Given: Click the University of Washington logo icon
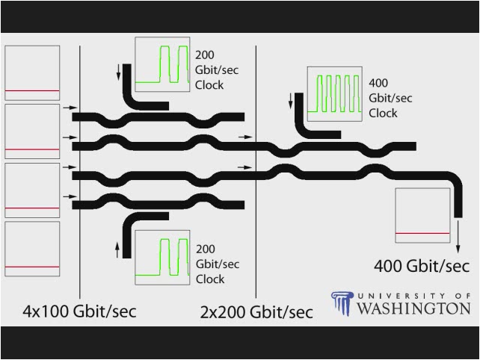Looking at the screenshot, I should [342, 304].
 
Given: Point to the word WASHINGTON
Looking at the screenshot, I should [413, 308].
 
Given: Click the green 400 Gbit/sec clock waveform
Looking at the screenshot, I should [335, 92].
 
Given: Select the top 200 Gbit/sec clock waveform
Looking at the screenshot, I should [162, 65].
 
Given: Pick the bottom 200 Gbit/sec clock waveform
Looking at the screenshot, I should [162, 258].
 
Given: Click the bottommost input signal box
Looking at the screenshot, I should [32, 249].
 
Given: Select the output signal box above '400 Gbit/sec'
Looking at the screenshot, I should [422, 216].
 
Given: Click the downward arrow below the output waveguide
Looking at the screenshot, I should [458, 240].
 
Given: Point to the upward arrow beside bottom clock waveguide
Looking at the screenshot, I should [117, 249].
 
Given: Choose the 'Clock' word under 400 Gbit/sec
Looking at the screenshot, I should [383, 114].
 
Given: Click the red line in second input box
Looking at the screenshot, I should [32, 149].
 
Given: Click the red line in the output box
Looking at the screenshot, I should [422, 234].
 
